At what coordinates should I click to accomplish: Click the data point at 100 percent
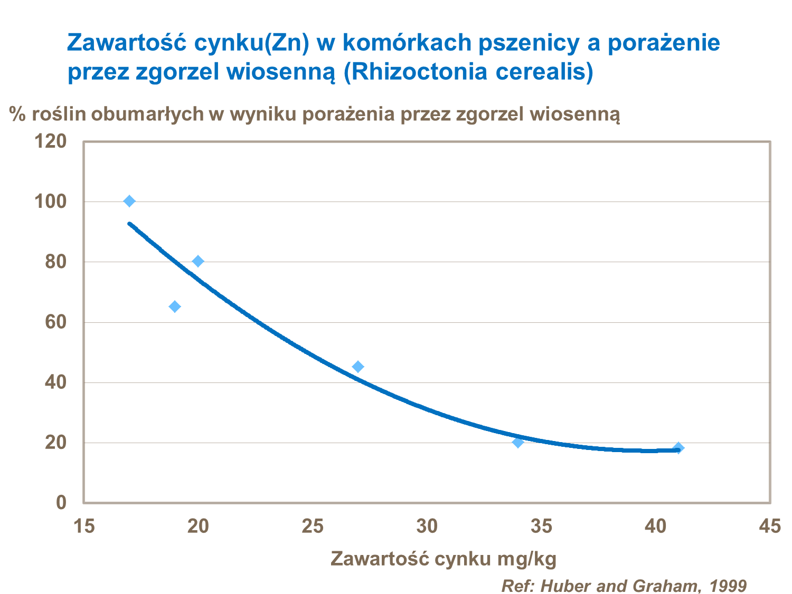[x=129, y=201]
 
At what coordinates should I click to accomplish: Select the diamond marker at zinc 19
[x=175, y=306]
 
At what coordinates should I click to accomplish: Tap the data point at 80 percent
[x=198, y=261]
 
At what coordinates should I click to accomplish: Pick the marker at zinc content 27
[x=358, y=367]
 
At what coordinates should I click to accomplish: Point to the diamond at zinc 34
[x=518, y=442]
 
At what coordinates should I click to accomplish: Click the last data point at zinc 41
[x=678, y=448]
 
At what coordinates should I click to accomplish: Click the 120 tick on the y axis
[x=50, y=141]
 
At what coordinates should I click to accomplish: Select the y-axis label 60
[x=55, y=322]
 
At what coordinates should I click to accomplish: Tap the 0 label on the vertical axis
[x=61, y=502]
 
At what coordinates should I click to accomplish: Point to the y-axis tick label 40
[x=55, y=382]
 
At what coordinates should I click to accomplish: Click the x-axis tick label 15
[x=84, y=526]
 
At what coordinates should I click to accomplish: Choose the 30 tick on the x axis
[x=427, y=526]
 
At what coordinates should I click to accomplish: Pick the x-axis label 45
[x=769, y=526]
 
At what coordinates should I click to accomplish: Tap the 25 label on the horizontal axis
[x=313, y=526]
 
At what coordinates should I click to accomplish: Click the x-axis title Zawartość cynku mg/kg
[x=444, y=558]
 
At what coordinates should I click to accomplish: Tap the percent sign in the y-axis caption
[x=17, y=114]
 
